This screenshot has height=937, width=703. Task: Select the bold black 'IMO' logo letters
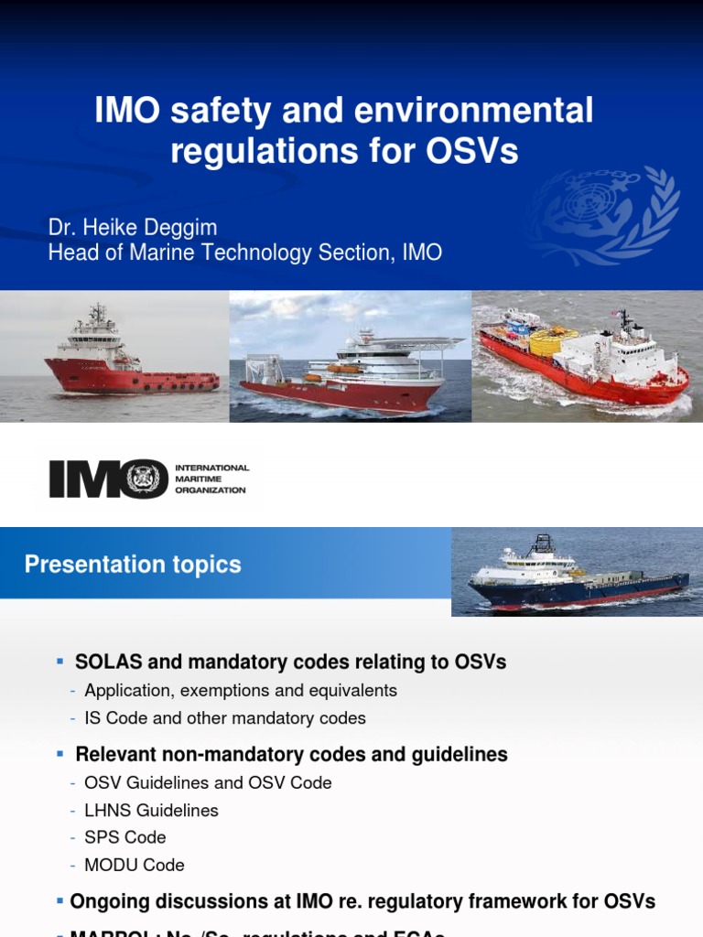click(108, 479)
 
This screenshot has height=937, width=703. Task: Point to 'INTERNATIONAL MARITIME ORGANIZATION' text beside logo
click(211, 479)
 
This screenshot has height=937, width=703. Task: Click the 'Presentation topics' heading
click(133, 565)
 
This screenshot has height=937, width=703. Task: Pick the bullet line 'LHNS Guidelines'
click(151, 810)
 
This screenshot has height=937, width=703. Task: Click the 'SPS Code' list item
click(125, 837)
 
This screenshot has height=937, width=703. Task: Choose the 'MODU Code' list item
click(135, 865)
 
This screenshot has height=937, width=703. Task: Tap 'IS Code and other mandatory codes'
click(225, 717)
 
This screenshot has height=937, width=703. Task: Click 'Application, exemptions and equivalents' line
click(241, 690)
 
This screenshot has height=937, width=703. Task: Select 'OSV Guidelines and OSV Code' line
click(208, 782)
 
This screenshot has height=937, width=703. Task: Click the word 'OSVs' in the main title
click(472, 151)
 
